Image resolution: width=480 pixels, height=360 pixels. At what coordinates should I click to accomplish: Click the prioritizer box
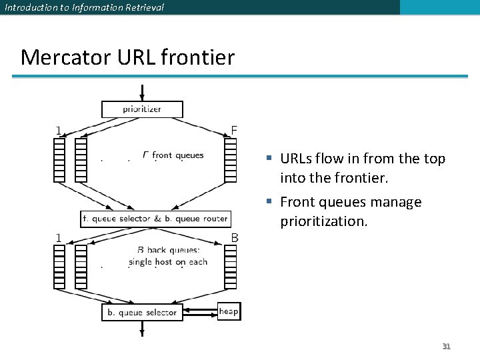pyautogui.click(x=141, y=109)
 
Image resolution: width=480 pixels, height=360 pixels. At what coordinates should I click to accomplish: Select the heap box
pyautogui.click(x=228, y=311)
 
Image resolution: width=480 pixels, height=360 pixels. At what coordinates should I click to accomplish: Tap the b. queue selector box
pyautogui.click(x=142, y=312)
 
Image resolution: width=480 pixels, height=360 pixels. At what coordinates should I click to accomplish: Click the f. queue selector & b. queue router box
pyautogui.click(x=155, y=218)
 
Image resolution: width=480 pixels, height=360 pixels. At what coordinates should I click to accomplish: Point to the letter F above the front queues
pyautogui.click(x=233, y=130)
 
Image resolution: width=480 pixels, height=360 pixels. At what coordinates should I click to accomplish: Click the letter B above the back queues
pyautogui.click(x=235, y=237)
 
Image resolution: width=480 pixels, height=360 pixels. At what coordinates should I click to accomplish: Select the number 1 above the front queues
pyautogui.click(x=59, y=131)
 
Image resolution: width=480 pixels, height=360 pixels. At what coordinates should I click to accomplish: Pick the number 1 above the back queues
pyautogui.click(x=59, y=237)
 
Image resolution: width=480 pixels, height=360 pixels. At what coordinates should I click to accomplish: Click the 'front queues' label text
pyautogui.click(x=177, y=155)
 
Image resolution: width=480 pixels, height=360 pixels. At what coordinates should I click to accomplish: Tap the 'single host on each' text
pyautogui.click(x=167, y=262)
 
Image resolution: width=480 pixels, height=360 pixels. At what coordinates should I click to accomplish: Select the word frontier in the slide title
pyautogui.click(x=197, y=57)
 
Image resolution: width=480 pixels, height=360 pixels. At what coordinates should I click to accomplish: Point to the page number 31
pyautogui.click(x=447, y=346)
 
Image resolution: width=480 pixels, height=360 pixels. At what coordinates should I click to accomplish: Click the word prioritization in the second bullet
pyautogui.click(x=323, y=221)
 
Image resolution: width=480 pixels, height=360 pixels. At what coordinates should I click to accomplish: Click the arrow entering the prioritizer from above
pyautogui.click(x=142, y=92)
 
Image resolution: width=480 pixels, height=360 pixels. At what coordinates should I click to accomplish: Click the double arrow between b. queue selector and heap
pyautogui.click(x=200, y=311)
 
